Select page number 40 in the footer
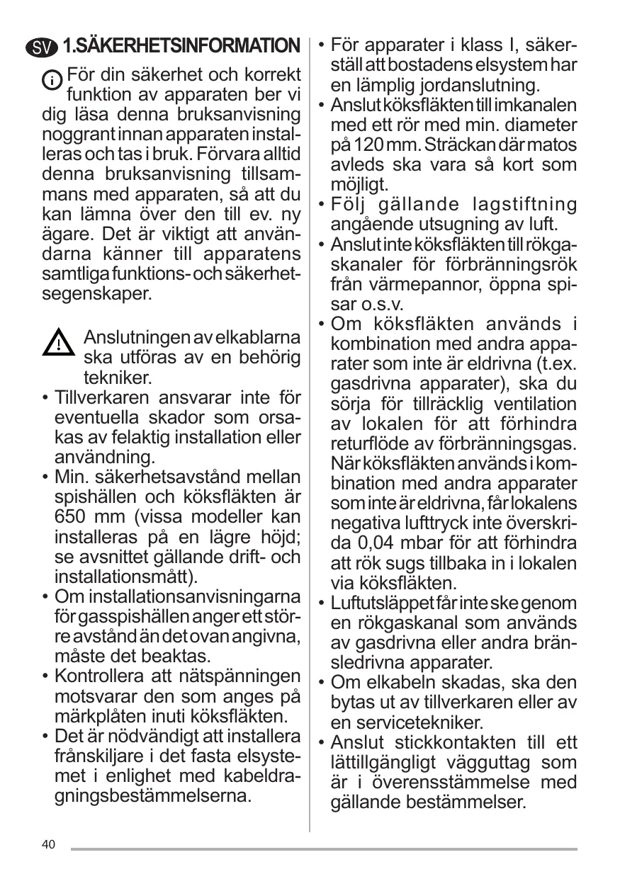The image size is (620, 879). pyautogui.click(x=48, y=844)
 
